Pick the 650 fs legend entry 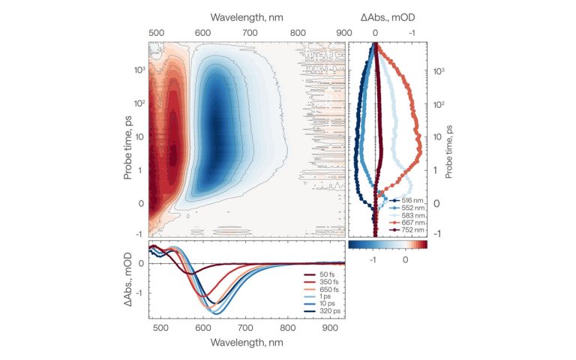(319, 289)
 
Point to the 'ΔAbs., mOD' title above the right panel (386, 16)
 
